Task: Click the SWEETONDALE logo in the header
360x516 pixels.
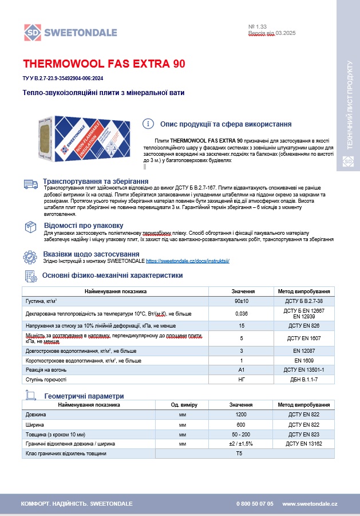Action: tap(70, 32)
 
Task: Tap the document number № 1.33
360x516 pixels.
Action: tap(258, 26)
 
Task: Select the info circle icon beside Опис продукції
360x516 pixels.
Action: tap(148, 124)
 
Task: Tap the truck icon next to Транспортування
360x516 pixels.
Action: tap(30, 183)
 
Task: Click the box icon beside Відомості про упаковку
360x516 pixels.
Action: tap(30, 227)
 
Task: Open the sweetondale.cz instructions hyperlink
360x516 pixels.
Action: tap(188, 261)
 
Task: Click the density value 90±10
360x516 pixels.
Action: tap(242, 301)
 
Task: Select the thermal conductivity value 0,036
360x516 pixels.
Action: tap(242, 313)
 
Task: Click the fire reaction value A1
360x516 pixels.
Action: tap(242, 370)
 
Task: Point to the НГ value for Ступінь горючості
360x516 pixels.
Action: tap(242, 380)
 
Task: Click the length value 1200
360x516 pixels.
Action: tap(241, 414)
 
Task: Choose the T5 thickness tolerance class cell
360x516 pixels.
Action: tap(241, 453)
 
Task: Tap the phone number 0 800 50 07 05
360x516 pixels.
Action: tap(255, 503)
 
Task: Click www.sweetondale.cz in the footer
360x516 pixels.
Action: tap(310, 503)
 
